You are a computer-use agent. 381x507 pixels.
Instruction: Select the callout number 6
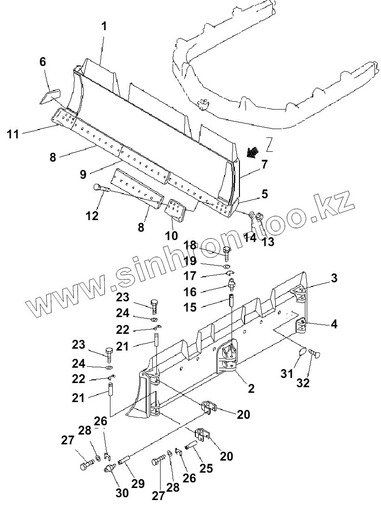pyautogui.click(x=43, y=62)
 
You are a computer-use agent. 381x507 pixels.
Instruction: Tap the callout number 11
pyautogui.click(x=13, y=135)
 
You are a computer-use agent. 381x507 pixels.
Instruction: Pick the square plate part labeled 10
pyautogui.click(x=175, y=210)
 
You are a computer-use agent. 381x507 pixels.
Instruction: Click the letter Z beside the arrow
pyautogui.click(x=269, y=145)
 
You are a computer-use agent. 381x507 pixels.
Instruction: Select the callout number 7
pyautogui.click(x=264, y=164)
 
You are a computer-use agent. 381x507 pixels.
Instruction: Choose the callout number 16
pyautogui.click(x=190, y=292)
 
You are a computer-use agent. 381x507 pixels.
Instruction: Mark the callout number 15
pyautogui.click(x=190, y=307)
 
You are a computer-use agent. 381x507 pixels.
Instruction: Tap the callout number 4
pyautogui.click(x=334, y=324)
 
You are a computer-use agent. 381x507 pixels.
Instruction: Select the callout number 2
pyautogui.click(x=251, y=389)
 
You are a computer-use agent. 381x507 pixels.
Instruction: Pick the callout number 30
pyautogui.click(x=122, y=493)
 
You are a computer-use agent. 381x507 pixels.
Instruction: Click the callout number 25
pyautogui.click(x=206, y=468)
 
